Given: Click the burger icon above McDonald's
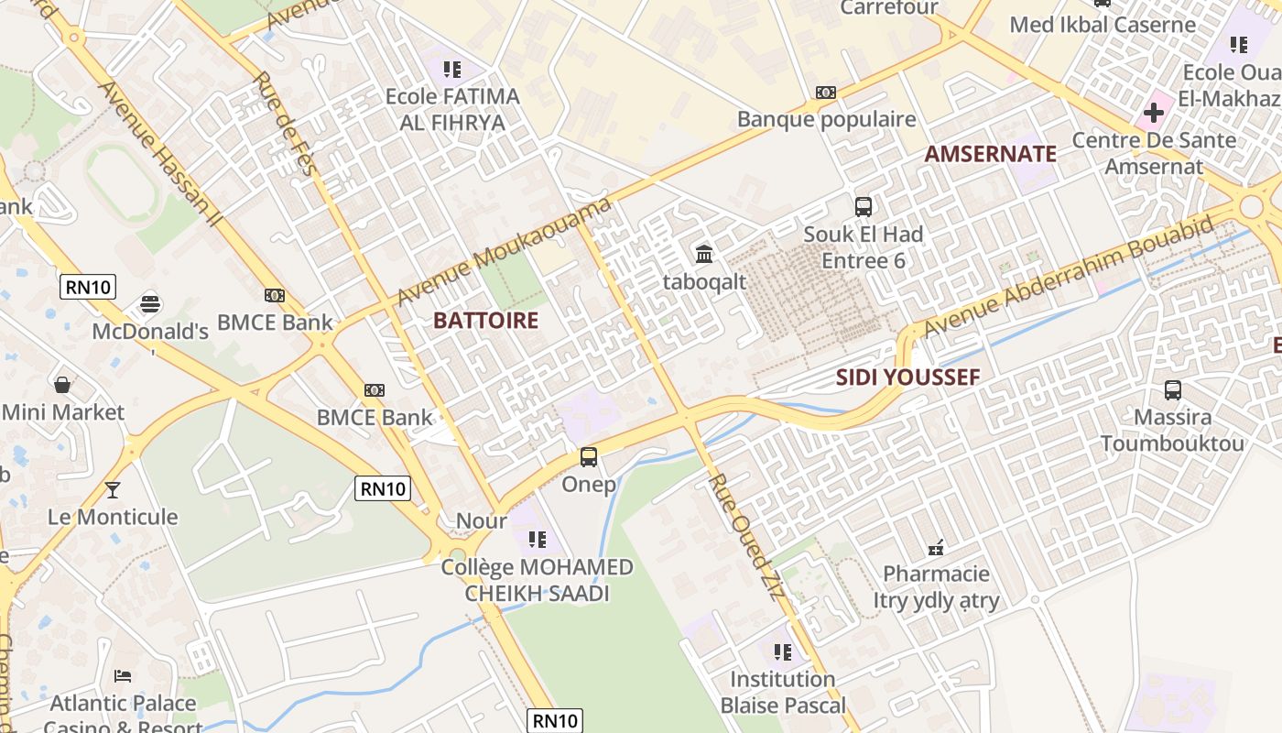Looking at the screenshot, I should pyautogui.click(x=150, y=303).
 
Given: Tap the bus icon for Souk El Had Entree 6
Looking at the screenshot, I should pyautogui.click(x=863, y=207).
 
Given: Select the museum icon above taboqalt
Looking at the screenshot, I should pyautogui.click(x=704, y=254).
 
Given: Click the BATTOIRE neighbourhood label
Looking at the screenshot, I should pyautogui.click(x=485, y=321).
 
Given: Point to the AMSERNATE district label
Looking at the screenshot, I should pyautogui.click(x=990, y=154).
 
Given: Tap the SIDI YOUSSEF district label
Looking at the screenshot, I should pyautogui.click(x=907, y=377).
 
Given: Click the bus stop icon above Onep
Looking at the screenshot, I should pyautogui.click(x=589, y=456).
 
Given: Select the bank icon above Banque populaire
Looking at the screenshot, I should pyautogui.click(x=826, y=93).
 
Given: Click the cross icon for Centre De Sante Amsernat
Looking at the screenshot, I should pyautogui.click(x=1153, y=114).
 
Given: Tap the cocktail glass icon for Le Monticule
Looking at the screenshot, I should pyautogui.click(x=113, y=490).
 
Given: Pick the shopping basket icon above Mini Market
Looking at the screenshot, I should pyautogui.click(x=62, y=385).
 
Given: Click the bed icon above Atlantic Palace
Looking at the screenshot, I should pyautogui.click(x=123, y=676).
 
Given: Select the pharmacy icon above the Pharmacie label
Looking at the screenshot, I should pyautogui.click(x=936, y=548).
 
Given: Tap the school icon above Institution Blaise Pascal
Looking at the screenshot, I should pyautogui.click(x=782, y=652).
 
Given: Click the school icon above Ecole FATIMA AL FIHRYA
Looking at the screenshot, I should pyautogui.click(x=451, y=70).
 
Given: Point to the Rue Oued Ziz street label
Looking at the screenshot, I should pyautogui.click(x=746, y=536).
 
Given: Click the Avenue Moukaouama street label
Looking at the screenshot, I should pyautogui.click(x=504, y=252).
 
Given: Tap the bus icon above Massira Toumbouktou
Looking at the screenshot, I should pyautogui.click(x=1172, y=390).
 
